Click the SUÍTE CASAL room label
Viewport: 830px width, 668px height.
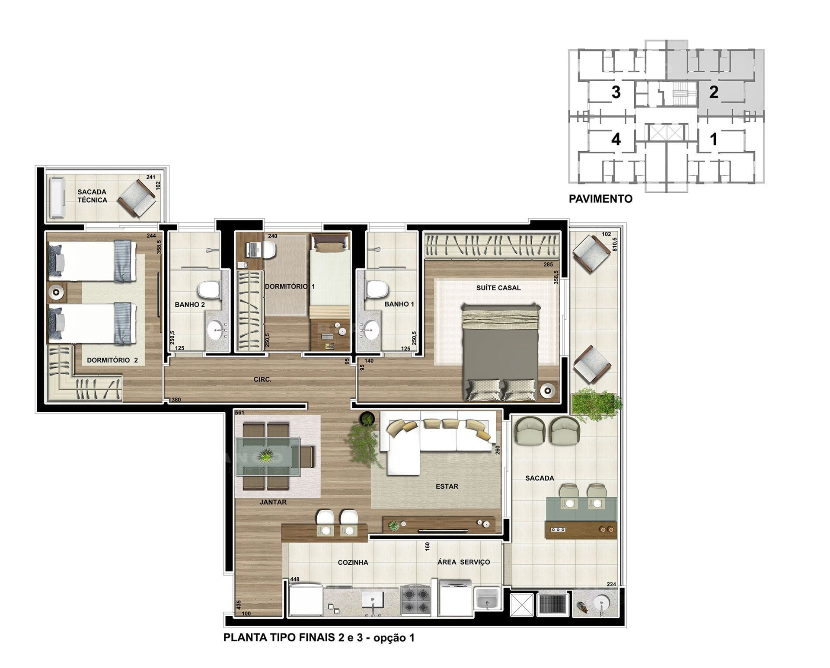[498, 288]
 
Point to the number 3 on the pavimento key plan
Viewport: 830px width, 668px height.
[616, 92]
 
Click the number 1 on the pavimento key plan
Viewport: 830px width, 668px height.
[714, 139]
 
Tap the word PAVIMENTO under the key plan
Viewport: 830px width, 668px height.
[600, 199]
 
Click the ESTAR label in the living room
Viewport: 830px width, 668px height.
[447, 487]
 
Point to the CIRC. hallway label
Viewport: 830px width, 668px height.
[262, 379]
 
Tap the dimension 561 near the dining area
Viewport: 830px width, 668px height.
[240, 413]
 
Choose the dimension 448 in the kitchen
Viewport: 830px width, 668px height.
[294, 579]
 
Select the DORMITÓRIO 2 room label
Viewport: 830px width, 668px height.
[112, 360]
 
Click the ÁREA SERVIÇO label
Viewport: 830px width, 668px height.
[463, 562]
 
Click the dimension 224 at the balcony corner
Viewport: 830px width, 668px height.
[611, 585]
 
